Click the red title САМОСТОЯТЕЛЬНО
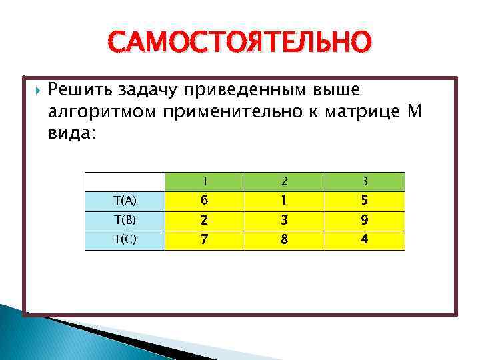click(239, 43)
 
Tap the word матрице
click(362, 111)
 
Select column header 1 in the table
click(205, 181)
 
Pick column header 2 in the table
click(285, 181)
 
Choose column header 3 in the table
click(365, 181)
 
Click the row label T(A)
click(125, 201)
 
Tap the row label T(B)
click(125, 221)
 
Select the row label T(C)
click(125, 240)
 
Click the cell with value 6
click(205, 201)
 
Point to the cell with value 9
click(365, 221)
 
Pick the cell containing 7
click(205, 240)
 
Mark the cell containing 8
click(285, 240)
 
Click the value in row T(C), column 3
click(365, 240)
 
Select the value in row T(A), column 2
click(285, 201)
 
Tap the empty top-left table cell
click(125, 181)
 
